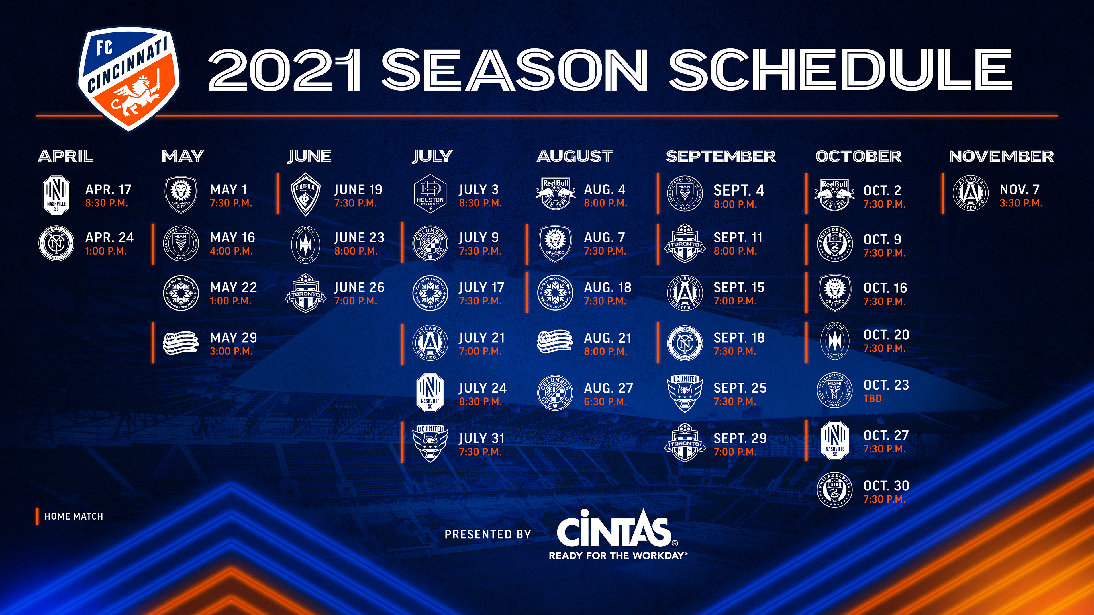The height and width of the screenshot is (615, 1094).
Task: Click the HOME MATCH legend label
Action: pyautogui.click(x=74, y=516)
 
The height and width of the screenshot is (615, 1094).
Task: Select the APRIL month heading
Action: pyautogui.click(x=66, y=157)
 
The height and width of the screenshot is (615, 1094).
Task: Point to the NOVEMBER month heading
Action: pyautogui.click(x=1001, y=157)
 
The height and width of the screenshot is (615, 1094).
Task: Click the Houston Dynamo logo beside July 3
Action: pyautogui.click(x=430, y=194)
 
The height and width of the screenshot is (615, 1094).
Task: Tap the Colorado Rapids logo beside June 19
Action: pyautogui.click(x=305, y=194)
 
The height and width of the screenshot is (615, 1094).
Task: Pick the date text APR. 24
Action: pyautogui.click(x=110, y=237)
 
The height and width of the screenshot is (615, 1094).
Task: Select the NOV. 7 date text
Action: pyautogui.click(x=1019, y=189)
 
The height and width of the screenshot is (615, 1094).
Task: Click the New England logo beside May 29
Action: pyautogui.click(x=181, y=343)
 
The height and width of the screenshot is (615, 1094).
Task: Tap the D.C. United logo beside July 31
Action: pyautogui.click(x=430, y=443)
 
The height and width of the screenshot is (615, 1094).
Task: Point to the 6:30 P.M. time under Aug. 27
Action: pyautogui.click(x=605, y=401)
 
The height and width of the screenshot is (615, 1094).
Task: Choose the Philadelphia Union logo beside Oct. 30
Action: pyautogui.click(x=835, y=490)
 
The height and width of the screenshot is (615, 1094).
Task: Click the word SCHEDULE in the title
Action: pyautogui.click(x=840, y=69)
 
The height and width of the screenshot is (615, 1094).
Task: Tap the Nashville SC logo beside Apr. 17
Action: pyautogui.click(x=56, y=194)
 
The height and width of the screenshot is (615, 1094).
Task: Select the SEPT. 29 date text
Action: pyautogui.click(x=740, y=438)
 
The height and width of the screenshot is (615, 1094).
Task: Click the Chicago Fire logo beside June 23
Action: pyautogui.click(x=305, y=244)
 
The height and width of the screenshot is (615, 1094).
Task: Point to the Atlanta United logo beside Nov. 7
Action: pyautogui.click(x=971, y=194)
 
